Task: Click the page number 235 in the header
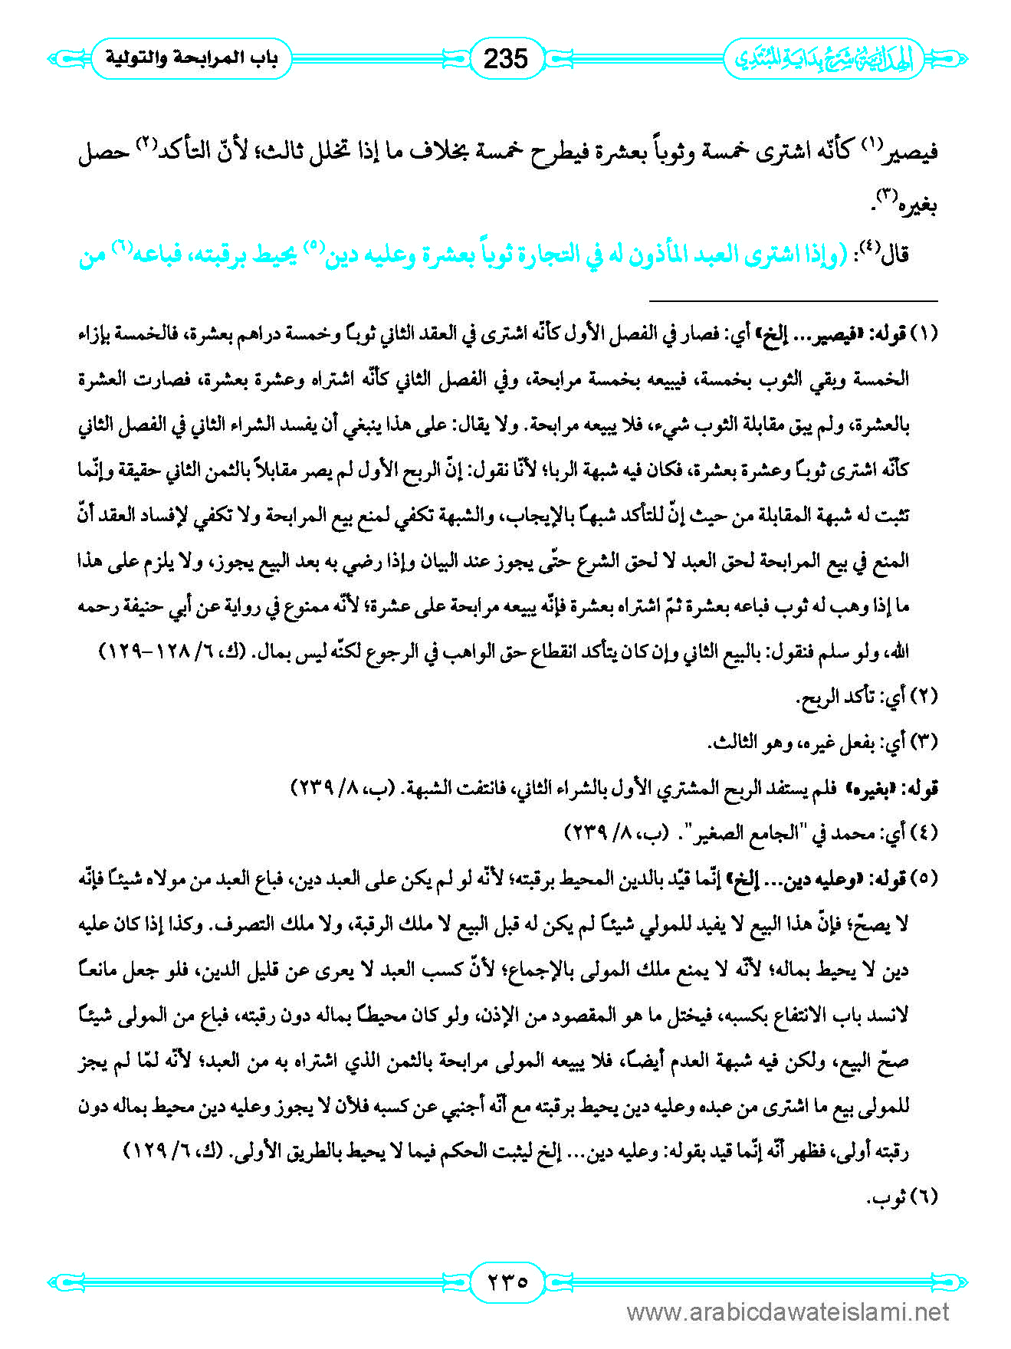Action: [505, 58]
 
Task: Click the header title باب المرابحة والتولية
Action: [191, 58]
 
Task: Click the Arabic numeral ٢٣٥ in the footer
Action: [505, 1281]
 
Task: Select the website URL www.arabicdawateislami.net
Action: [788, 1312]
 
